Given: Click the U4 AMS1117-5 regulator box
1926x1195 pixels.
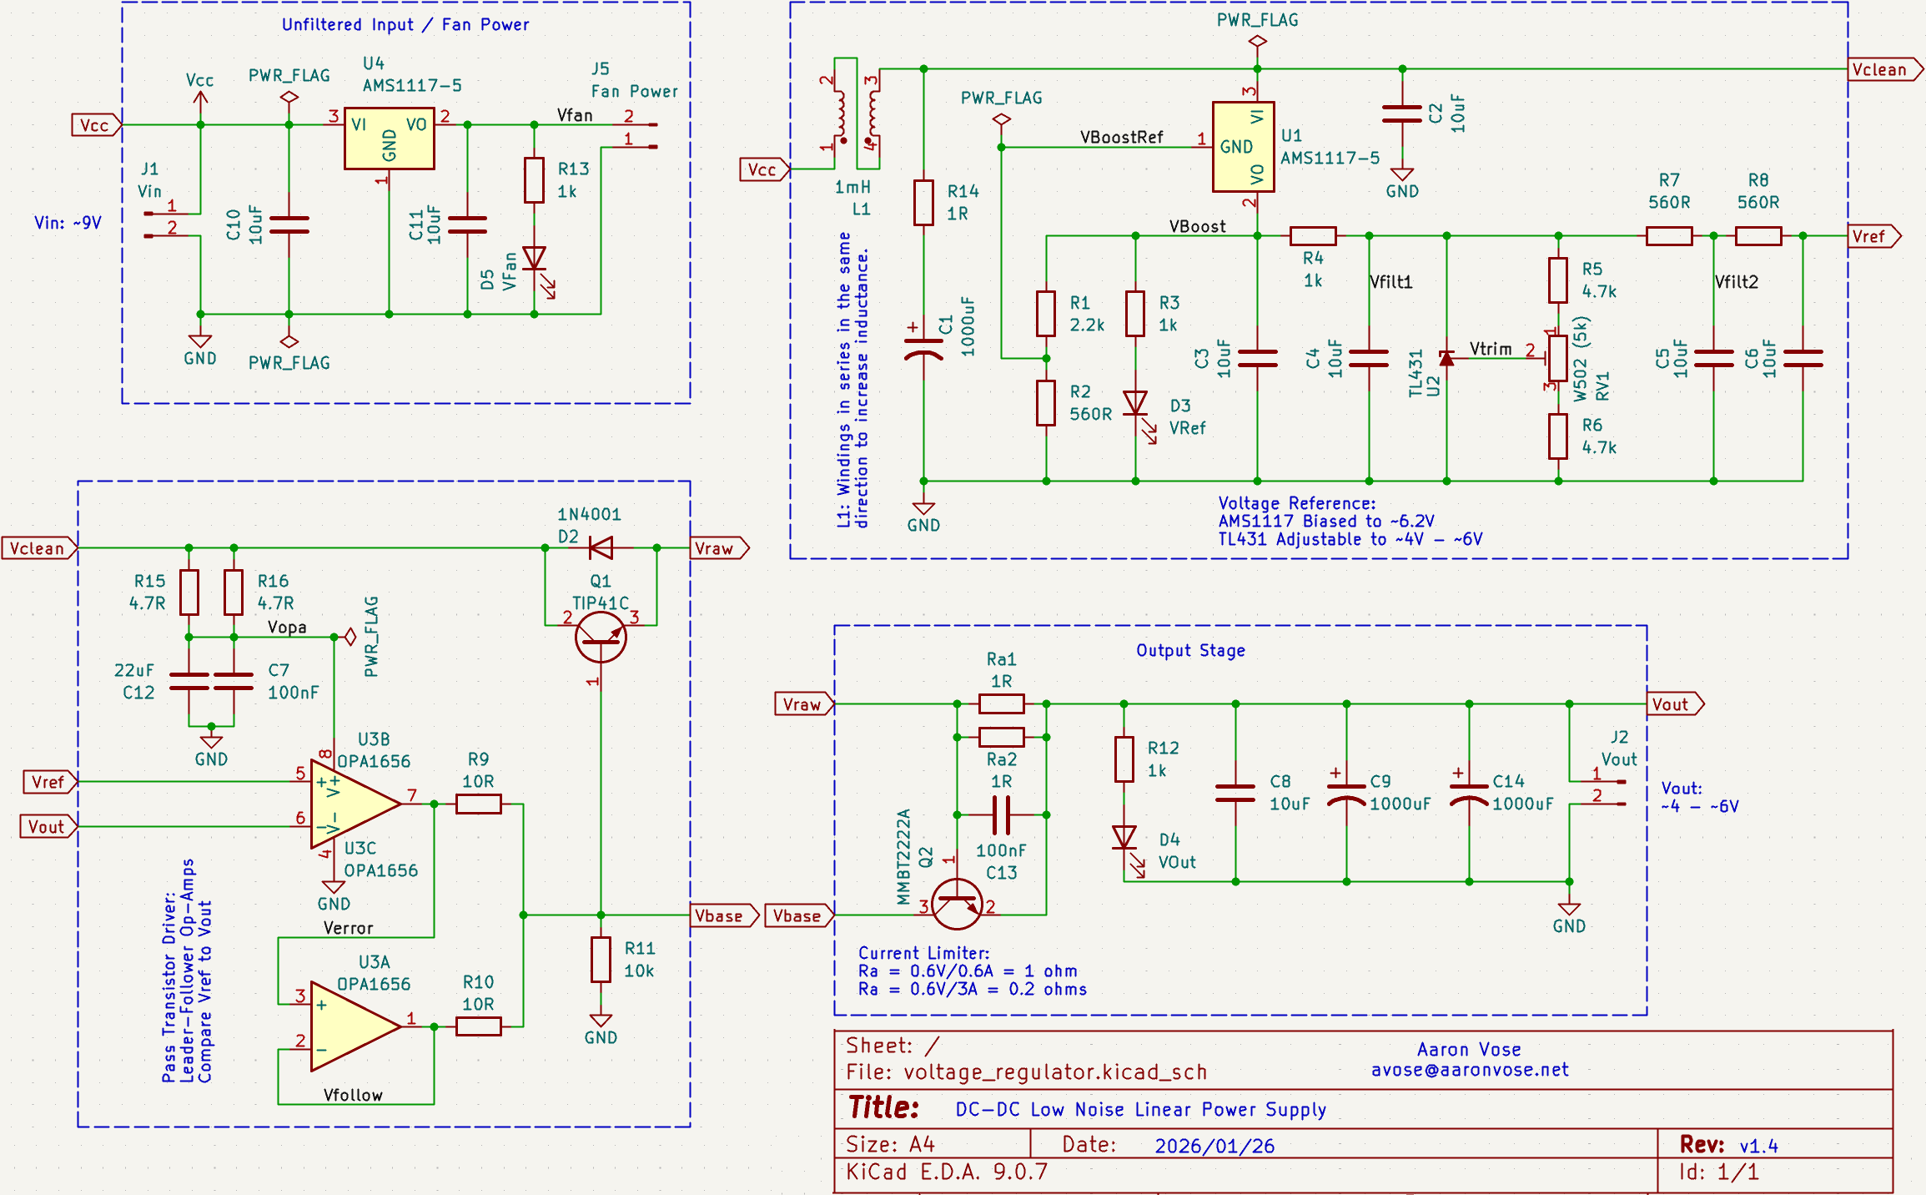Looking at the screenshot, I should [x=389, y=139].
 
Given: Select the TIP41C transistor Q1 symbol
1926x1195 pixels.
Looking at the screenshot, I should [x=601, y=637].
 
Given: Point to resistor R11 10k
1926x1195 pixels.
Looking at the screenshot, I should [x=601, y=959].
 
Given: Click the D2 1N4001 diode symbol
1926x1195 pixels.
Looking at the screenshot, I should [x=601, y=548].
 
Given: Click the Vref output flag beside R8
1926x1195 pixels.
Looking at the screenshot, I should [x=1873, y=236].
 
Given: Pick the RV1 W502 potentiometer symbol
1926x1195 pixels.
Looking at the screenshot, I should [x=1557, y=359].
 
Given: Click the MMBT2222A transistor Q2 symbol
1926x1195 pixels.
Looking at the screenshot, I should [x=956, y=903].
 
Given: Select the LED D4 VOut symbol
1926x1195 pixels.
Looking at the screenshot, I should [x=1124, y=838].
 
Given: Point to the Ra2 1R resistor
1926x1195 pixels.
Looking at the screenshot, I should [x=1001, y=737].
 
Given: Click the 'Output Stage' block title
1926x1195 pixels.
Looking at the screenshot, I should [x=1190, y=650].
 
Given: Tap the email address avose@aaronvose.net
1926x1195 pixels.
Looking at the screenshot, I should [x=1469, y=1070].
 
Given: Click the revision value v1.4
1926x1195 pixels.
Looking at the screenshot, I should [x=1758, y=1146].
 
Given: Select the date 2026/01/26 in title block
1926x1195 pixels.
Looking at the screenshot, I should [x=1214, y=1146].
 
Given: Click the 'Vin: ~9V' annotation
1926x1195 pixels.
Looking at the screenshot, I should [x=68, y=223].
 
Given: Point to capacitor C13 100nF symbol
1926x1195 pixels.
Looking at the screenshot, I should [x=1001, y=814].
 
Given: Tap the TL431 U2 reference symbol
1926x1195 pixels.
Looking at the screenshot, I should [x=1446, y=358].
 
